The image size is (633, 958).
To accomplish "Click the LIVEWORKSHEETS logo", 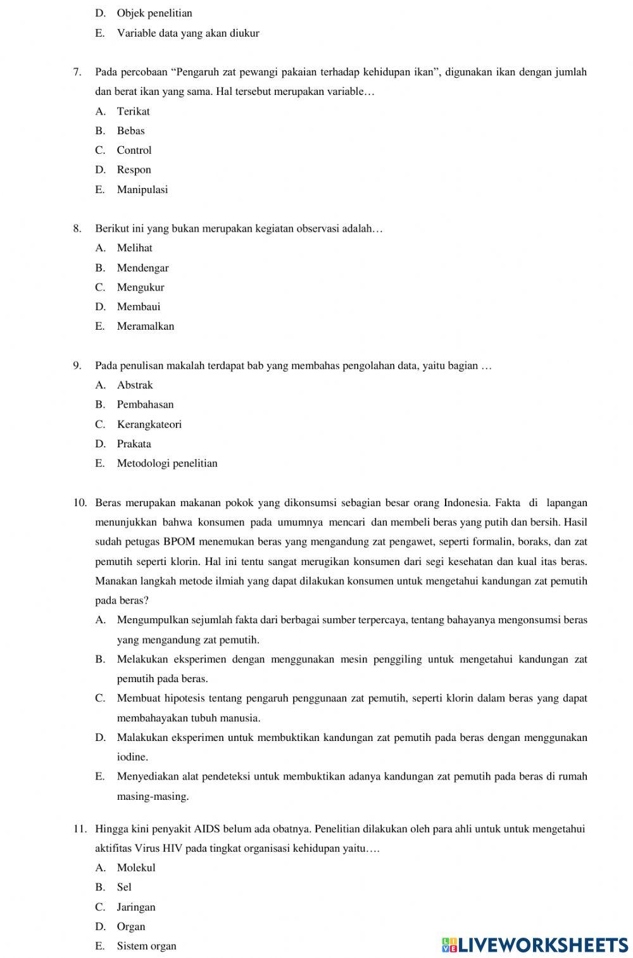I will click(x=535, y=945).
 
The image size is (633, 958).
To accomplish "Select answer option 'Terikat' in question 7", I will click(x=133, y=111).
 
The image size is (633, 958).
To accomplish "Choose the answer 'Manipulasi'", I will click(x=142, y=189).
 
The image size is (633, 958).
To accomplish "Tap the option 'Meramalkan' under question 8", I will click(x=145, y=327).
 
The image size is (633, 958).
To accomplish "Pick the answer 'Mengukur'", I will click(x=140, y=287).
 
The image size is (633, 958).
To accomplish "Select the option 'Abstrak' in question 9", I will click(x=135, y=385).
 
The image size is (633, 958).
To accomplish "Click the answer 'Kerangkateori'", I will click(x=149, y=424).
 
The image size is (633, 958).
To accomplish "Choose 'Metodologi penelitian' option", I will click(x=167, y=463).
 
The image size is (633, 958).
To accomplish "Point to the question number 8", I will click(x=77, y=228).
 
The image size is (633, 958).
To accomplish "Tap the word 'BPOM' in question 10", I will click(x=179, y=542).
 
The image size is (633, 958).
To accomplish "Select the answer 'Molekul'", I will click(x=135, y=868).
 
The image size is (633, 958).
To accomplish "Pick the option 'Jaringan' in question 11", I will click(x=135, y=907).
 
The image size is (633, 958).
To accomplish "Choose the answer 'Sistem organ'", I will click(x=146, y=946).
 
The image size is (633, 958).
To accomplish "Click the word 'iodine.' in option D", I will click(x=132, y=757).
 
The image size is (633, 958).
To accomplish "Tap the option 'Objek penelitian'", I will click(x=154, y=13).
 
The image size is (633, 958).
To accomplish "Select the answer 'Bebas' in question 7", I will click(x=130, y=131).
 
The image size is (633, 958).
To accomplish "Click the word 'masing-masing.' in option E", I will click(x=153, y=796).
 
